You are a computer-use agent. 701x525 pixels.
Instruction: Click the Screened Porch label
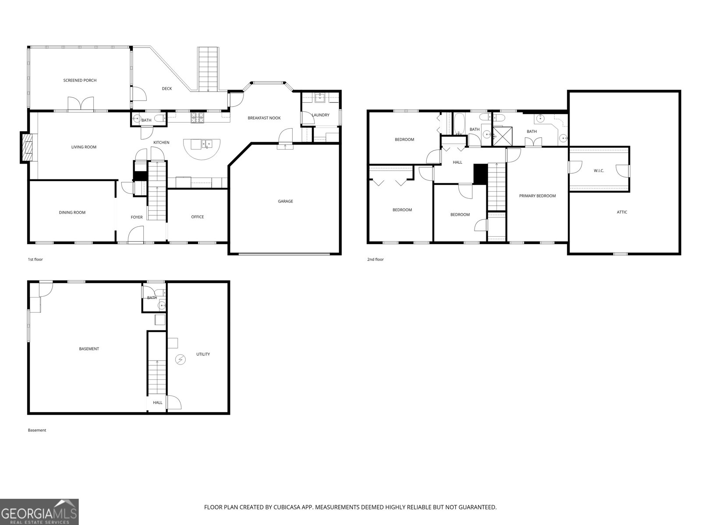tap(80, 80)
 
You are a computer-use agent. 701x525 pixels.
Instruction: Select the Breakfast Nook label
tap(264, 118)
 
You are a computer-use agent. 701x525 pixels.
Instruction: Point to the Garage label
tap(285, 201)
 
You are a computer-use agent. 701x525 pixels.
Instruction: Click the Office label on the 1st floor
tap(197, 217)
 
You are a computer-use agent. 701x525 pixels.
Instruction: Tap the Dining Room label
tap(72, 213)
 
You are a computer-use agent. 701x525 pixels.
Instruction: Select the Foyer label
tap(137, 217)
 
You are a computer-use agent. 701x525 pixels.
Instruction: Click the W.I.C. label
tap(599, 171)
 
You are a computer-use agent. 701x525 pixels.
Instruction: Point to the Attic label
tap(622, 212)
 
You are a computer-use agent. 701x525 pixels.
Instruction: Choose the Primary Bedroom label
tap(538, 196)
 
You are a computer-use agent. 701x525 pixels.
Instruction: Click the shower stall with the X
tap(503, 136)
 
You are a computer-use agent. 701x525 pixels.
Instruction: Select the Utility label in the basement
tap(203, 354)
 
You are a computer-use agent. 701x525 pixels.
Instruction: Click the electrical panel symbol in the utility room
tap(181, 360)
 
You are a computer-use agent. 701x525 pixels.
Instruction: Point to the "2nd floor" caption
tap(375, 259)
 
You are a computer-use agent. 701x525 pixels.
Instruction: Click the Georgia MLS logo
tap(39, 511)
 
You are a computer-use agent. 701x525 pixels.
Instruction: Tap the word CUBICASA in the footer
tap(286, 507)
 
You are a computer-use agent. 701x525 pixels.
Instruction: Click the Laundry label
tap(321, 115)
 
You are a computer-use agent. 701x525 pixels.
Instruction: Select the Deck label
tap(167, 89)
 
